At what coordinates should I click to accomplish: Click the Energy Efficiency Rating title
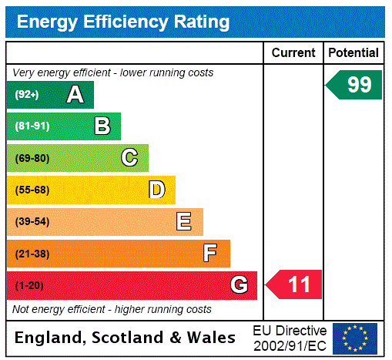pos(123,22)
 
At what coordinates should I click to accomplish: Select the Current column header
pos(293,53)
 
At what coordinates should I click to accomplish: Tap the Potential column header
pos(353,53)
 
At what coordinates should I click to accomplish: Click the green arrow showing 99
pos(355,85)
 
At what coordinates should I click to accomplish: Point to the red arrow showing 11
pos(295,285)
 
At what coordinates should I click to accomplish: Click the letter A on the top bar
pos(75,95)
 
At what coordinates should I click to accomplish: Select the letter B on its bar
pos(102,126)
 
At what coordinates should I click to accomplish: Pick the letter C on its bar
pos(129,158)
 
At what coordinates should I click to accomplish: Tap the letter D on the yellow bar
pos(156,190)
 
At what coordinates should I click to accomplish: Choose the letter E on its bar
pos(184,222)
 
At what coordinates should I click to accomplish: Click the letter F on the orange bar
pos(210,254)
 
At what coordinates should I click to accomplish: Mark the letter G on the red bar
pos(239,285)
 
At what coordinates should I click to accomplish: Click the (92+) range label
pos(26,95)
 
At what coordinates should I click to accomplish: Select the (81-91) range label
pos(32,126)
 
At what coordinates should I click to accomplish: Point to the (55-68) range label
pos(32,190)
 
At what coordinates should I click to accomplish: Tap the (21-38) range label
pos(32,254)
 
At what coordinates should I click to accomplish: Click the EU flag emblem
pos(355,338)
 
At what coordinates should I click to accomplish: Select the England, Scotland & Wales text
pos(126,338)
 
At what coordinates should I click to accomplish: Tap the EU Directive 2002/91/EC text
pos(290,338)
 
